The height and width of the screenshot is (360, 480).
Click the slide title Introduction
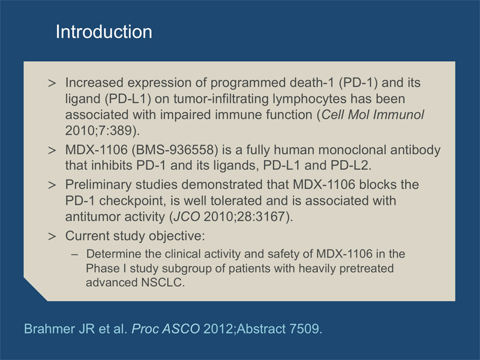104,32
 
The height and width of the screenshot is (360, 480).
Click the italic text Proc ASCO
166,329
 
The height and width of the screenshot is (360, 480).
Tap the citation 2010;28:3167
244,217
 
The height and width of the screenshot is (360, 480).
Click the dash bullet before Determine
74,254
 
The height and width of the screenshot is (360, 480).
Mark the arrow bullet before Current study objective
52,236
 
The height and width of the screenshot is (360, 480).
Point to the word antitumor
91,217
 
